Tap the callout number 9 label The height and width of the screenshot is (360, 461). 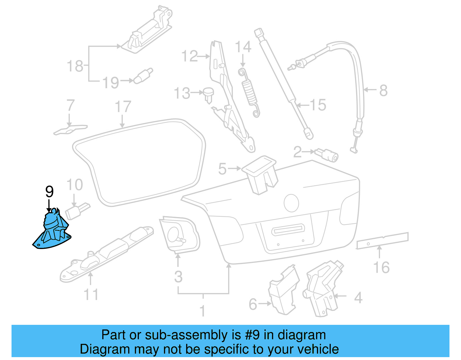(50, 191)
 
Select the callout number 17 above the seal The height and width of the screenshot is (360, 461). (123, 107)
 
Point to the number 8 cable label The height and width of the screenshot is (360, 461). (383, 90)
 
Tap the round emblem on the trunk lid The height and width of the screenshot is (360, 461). (291, 203)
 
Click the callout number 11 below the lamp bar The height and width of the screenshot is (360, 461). (91, 295)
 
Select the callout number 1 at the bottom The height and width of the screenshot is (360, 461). (203, 311)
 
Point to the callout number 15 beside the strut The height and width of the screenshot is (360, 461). (318, 105)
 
